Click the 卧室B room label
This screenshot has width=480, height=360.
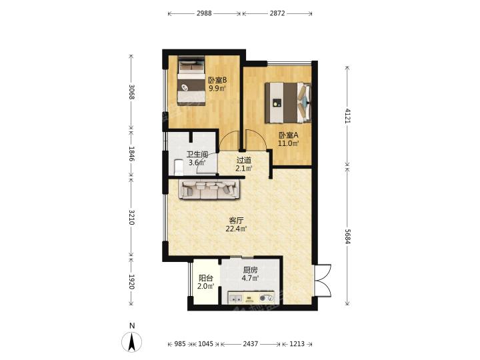217,81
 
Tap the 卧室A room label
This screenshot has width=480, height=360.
289,135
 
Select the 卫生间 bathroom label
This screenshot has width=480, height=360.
197,155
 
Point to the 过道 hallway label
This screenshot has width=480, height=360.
244,160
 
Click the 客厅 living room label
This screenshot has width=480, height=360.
236,221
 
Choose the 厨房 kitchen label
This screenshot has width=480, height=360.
250,270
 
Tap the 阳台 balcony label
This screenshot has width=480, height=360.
206,278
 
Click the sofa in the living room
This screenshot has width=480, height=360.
210,190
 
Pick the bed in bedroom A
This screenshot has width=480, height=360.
288,103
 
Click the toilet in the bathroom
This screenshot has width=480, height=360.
178,167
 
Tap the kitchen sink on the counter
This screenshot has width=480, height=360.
235,297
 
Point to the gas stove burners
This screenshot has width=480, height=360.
266,297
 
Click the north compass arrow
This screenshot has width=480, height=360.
132,341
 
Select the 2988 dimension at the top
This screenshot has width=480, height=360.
204,13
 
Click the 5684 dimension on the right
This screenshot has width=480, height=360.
347,236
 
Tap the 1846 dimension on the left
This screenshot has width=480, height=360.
131,154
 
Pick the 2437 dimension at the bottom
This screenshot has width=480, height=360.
251,344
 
